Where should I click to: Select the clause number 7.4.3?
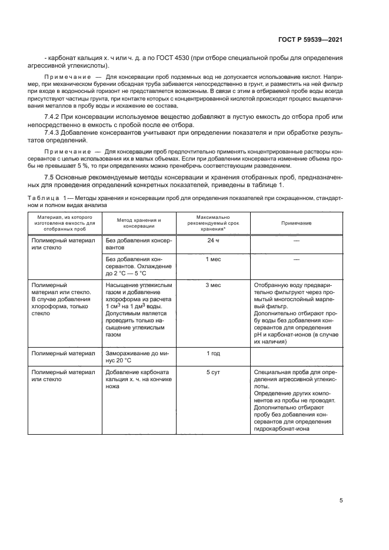(x=54, y=134)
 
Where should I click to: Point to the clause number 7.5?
(x=51, y=178)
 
